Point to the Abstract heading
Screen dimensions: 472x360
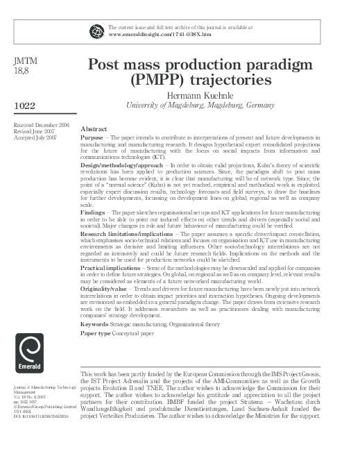coord(94,129)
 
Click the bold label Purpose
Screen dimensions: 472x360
coord(93,138)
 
